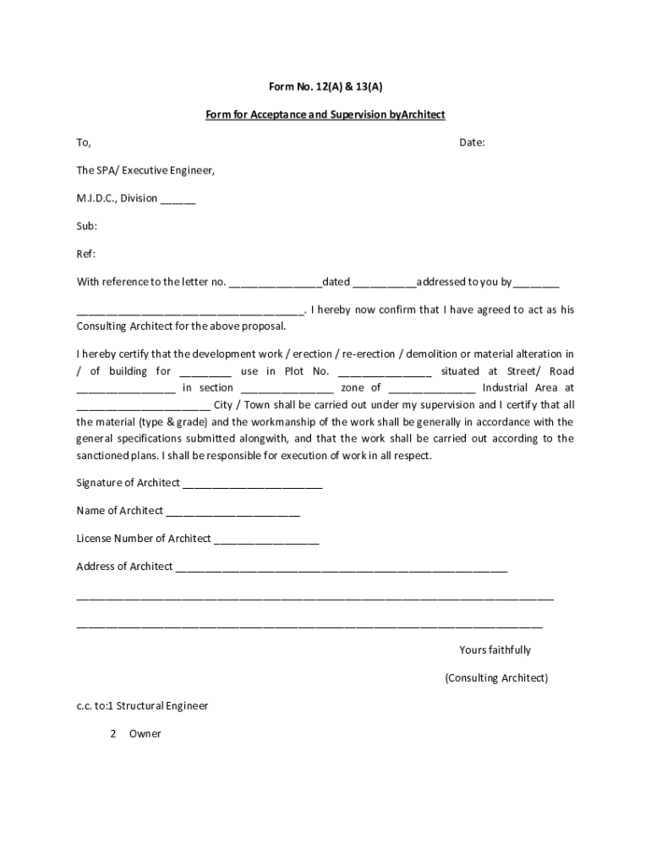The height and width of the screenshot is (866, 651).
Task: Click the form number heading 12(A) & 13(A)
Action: (x=325, y=86)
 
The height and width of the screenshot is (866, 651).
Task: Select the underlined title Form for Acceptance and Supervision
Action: (x=325, y=114)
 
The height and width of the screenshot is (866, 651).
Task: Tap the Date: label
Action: (x=472, y=142)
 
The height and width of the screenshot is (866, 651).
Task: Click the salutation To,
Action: (x=84, y=142)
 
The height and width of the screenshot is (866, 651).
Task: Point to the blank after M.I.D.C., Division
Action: (x=178, y=200)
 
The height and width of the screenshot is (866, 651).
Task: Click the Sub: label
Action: (x=87, y=226)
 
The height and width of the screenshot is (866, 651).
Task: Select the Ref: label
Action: (x=86, y=254)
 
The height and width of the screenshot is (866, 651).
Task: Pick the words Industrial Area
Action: (x=528, y=387)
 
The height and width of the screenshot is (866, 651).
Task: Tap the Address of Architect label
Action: (x=124, y=567)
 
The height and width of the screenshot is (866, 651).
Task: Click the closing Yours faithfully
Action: (x=495, y=649)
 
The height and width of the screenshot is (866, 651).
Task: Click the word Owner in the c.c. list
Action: (x=145, y=733)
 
